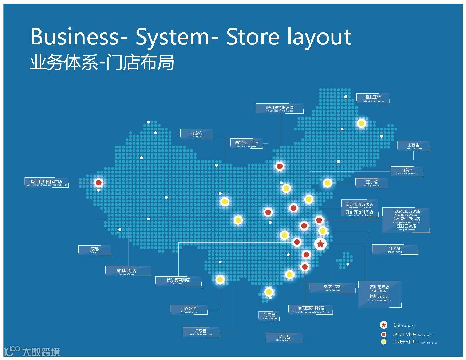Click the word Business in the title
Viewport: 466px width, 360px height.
point(75,36)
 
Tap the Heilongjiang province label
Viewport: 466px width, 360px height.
point(372,98)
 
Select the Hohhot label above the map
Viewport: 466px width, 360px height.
point(280,108)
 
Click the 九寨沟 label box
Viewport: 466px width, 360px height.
point(197,134)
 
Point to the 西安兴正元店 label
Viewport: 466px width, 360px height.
point(246,143)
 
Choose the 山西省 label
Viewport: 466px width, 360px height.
point(413,146)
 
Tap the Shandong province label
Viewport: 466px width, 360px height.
point(407,171)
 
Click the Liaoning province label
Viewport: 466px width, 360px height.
point(372,183)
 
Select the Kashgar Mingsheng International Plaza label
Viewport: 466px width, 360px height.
point(46,183)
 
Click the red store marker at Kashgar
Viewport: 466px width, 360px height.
point(98,183)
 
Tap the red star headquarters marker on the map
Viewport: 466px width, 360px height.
point(320,244)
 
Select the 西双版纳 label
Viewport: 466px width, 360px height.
point(189,310)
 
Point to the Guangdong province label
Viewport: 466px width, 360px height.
point(200,332)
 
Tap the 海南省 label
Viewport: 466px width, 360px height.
point(269,316)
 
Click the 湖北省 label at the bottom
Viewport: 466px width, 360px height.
point(284,338)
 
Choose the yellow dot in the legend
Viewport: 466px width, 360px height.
point(383,342)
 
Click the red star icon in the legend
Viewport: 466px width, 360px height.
point(383,325)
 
